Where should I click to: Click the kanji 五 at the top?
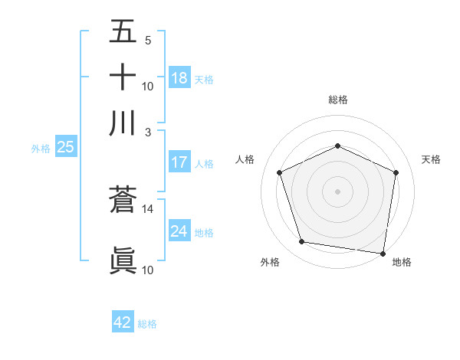123,32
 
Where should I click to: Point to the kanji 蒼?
123,201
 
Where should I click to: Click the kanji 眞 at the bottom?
123,260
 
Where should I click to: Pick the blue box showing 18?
179,78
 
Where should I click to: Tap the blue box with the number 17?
179,162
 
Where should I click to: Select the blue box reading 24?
179,231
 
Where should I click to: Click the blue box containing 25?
65,148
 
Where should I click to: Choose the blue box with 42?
123,322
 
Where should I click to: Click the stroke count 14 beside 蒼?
148,208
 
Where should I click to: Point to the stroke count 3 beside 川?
148,131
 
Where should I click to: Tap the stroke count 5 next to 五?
148,41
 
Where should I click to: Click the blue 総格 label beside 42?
147,324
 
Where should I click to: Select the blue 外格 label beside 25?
40,149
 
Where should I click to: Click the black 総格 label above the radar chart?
337,100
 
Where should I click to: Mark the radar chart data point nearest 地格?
383,253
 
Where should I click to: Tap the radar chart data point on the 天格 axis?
396,172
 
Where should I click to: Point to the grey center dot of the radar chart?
337,191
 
